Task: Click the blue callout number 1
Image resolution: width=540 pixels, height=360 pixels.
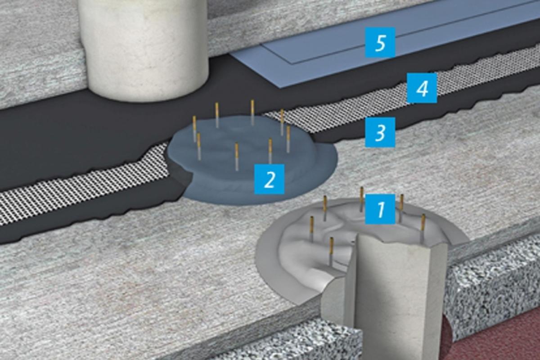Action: [380, 209]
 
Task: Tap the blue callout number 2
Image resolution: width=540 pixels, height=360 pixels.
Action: [269, 179]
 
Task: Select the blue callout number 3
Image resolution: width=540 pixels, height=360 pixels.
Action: [380, 132]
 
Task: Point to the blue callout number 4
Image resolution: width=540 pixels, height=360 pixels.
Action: [422, 88]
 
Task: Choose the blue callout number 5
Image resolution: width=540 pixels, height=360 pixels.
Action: [380, 42]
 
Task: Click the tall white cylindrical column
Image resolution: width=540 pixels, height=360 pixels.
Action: [144, 48]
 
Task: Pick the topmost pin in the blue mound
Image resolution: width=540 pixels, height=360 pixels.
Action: [252, 112]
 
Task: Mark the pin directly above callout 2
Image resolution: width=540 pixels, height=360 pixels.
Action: [270, 151]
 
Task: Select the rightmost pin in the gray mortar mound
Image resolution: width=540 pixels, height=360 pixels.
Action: [423, 228]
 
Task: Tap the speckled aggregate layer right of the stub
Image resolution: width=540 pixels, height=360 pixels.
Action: [492, 282]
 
